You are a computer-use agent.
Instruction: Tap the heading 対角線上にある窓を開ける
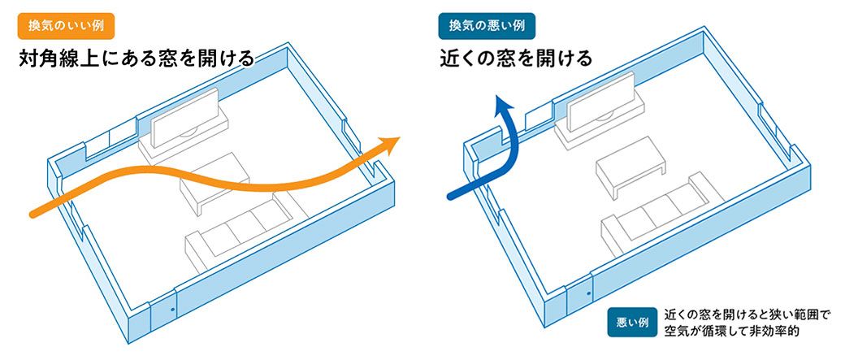pyautogui.click(x=136, y=59)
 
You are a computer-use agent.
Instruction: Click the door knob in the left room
pyautogui.click(x=172, y=310)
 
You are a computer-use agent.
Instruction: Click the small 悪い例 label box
pyautogui.click(x=631, y=322)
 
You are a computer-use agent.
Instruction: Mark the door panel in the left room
pyautogui.click(x=164, y=317)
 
